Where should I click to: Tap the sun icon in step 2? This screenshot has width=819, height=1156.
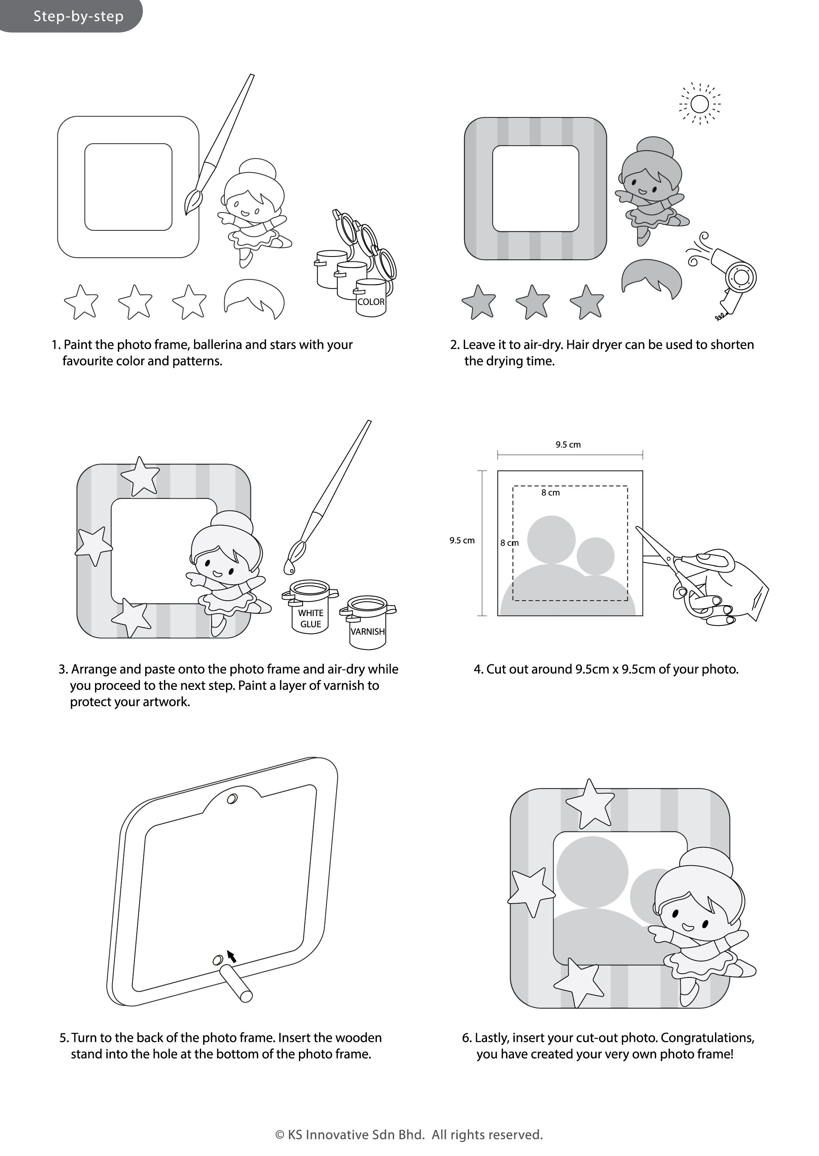(699, 104)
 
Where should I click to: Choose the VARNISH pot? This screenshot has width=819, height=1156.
(367, 623)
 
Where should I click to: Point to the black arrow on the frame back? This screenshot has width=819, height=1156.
(232, 956)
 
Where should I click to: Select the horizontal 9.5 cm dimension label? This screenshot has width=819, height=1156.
(568, 444)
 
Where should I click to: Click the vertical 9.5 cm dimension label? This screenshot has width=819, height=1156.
(462, 540)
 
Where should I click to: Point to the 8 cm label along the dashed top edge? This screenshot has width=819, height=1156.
(550, 493)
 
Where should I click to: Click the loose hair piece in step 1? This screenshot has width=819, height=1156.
(254, 298)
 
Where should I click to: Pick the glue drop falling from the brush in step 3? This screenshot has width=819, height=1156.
(289, 568)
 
